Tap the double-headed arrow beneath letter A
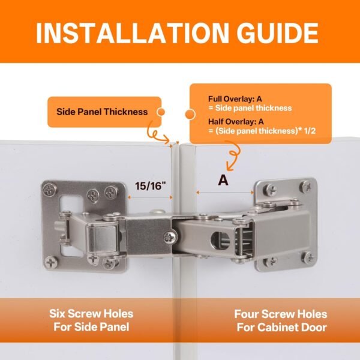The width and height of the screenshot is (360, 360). [x=224, y=193]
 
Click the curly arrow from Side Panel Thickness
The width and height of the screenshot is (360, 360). [x=158, y=131]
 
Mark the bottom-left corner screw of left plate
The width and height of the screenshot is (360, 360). [x=49, y=261]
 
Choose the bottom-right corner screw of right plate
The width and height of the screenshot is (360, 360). [x=308, y=259]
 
